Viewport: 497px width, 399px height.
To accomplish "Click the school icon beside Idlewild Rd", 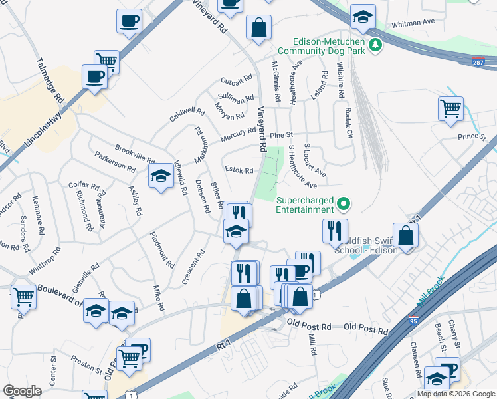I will [160, 178].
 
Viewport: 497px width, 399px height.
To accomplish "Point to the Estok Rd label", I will [239, 170].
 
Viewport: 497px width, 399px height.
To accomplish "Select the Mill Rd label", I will [312, 344].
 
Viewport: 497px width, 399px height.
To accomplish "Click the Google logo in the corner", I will [23, 391].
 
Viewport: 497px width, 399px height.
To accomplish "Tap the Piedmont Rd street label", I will [161, 249].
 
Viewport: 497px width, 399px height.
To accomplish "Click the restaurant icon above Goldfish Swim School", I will [334, 231].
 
